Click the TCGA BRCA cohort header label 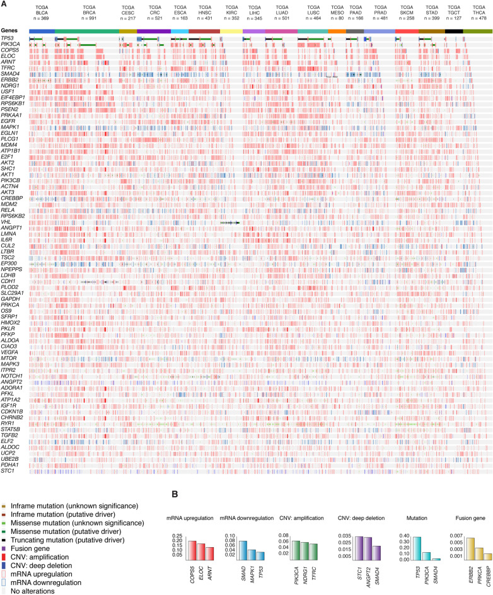[x=87, y=12]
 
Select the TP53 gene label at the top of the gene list [x=8, y=38]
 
